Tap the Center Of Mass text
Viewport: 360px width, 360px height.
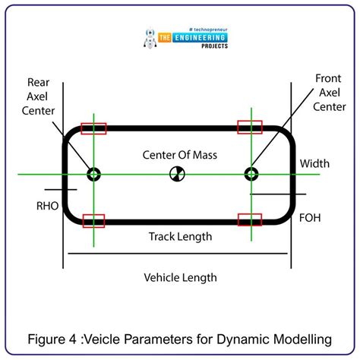[180, 155]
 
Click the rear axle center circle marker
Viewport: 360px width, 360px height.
[93, 175]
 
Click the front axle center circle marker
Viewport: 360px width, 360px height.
[251, 175]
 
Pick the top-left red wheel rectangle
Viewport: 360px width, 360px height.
[93, 128]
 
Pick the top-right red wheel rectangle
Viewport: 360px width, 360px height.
[249, 127]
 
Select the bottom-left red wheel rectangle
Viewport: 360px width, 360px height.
[93, 220]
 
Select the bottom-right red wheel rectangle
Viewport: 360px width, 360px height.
[249, 219]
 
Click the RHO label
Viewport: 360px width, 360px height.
[47, 205]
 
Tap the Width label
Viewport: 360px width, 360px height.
[314, 163]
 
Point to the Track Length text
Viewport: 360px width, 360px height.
[180, 236]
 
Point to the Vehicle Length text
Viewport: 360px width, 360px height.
[180, 277]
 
